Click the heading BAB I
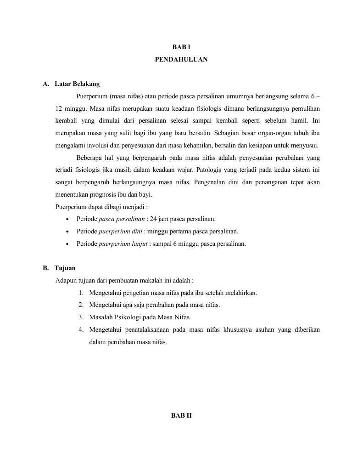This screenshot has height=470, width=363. point(181,48)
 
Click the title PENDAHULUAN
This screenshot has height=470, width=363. point(181,59)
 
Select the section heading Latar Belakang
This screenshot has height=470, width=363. point(77,84)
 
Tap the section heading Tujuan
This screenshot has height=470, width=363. point(65,268)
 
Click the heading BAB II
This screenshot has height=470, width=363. point(181,415)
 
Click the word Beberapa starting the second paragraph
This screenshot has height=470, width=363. point(90,158)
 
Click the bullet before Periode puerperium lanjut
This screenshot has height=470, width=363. point(68,244)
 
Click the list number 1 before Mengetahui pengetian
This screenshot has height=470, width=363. point(80,293)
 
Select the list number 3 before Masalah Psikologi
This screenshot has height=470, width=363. point(80,317)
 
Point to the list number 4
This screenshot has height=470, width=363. point(80,329)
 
